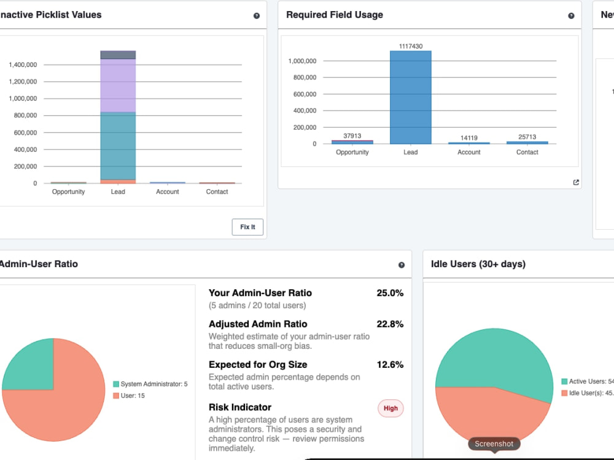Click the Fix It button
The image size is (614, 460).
(247, 227)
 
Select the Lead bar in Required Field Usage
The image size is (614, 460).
(410, 97)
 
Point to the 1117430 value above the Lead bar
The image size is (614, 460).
(410, 46)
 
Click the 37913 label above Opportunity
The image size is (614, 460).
(352, 136)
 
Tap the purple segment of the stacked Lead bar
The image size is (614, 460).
(118, 85)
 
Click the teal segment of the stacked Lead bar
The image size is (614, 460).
(118, 146)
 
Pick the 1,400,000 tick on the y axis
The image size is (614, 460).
(23, 64)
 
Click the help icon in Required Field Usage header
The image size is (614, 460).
(571, 16)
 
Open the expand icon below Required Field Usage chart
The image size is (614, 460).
(576, 182)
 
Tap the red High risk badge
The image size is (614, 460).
(391, 408)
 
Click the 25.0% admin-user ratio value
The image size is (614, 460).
(390, 293)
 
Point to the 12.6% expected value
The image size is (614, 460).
(390, 364)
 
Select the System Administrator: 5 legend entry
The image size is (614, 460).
(150, 384)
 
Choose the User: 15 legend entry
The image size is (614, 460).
(129, 396)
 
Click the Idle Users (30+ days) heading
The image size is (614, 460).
(478, 263)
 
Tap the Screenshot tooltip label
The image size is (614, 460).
(494, 443)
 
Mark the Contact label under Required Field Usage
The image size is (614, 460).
(527, 152)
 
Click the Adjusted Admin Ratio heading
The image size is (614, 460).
(258, 324)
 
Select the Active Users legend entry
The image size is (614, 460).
(588, 381)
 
